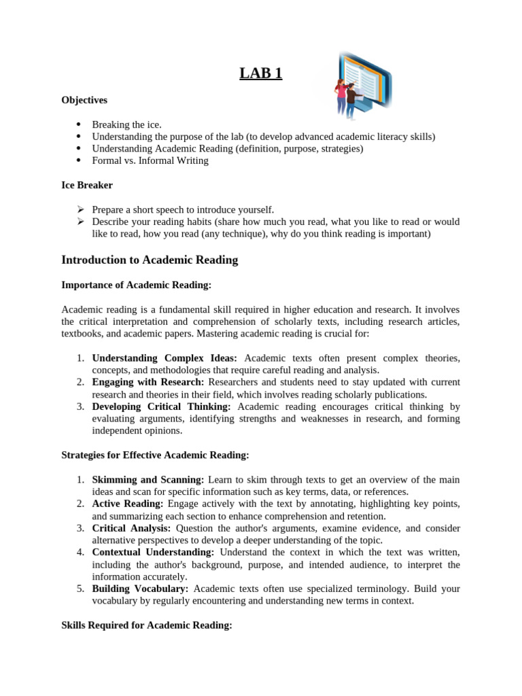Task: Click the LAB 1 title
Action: (x=260, y=73)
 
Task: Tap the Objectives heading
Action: (x=84, y=100)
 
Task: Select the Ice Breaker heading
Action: (x=87, y=185)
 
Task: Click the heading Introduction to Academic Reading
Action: (x=150, y=260)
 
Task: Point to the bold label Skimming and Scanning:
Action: (x=149, y=479)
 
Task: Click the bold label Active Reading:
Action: (x=128, y=504)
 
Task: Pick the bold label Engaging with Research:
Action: (x=148, y=382)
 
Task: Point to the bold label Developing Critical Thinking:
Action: (x=162, y=406)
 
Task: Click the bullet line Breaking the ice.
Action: (x=127, y=124)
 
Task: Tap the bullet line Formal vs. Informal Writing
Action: (x=150, y=161)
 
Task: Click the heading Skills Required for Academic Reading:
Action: (x=147, y=625)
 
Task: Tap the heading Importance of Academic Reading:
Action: (x=137, y=285)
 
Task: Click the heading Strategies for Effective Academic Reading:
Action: (x=155, y=455)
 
